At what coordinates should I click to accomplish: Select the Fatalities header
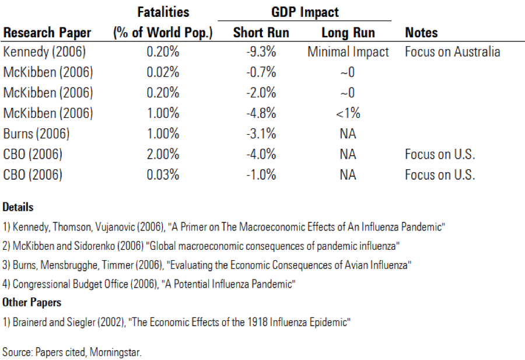(x=163, y=12)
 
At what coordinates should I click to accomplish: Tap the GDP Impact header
(x=304, y=12)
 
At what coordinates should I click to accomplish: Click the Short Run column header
(x=261, y=33)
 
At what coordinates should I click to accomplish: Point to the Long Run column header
(x=348, y=33)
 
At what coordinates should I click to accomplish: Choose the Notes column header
(x=421, y=33)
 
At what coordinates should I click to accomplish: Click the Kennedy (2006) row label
(x=44, y=52)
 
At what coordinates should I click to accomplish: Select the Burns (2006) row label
(x=36, y=134)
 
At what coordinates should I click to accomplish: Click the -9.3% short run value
(x=261, y=52)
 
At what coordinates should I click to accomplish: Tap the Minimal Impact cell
(x=348, y=52)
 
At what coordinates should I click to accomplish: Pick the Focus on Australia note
(x=452, y=52)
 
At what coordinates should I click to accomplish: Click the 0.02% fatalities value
(x=163, y=72)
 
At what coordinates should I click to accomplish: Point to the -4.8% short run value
(x=261, y=113)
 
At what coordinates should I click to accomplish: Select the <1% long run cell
(x=348, y=113)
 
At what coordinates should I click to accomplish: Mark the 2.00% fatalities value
(x=163, y=154)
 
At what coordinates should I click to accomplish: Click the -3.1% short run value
(x=261, y=134)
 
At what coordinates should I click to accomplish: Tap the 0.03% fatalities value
(x=163, y=174)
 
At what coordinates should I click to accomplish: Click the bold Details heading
(x=18, y=207)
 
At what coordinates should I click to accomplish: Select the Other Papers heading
(x=32, y=302)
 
